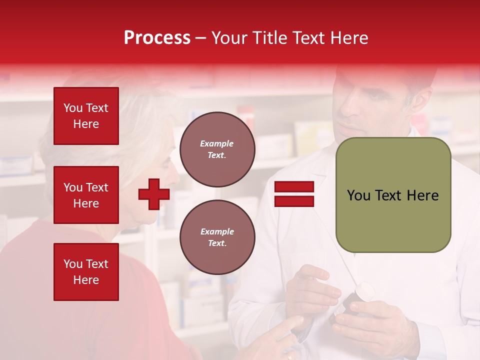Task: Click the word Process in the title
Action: [x=157, y=38]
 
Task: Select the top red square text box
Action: [x=86, y=116]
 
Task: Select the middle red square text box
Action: [x=86, y=195]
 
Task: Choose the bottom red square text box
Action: [x=86, y=271]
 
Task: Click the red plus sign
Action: [x=153, y=194]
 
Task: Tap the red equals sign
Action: [x=294, y=194]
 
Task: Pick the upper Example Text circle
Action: [x=217, y=149]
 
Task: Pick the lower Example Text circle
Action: [x=217, y=237]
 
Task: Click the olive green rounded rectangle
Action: [x=393, y=195]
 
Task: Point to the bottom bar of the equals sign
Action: [x=294, y=201]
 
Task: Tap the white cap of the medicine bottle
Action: [x=364, y=292]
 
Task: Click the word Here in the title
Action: [x=350, y=38]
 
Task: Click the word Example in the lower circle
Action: [x=217, y=231]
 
